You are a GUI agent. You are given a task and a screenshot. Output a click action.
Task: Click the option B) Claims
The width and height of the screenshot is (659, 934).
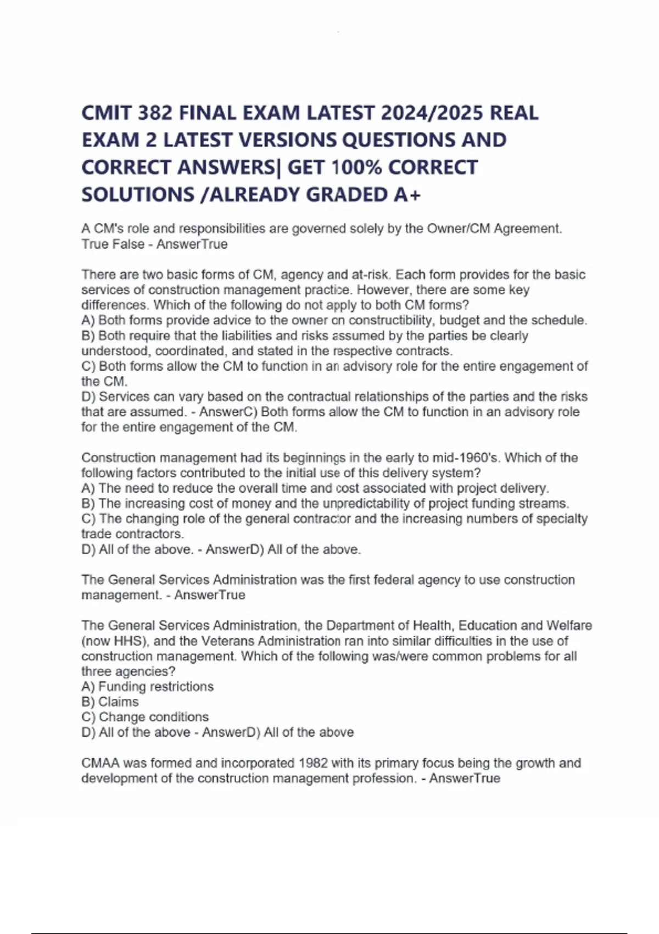point(110,702)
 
